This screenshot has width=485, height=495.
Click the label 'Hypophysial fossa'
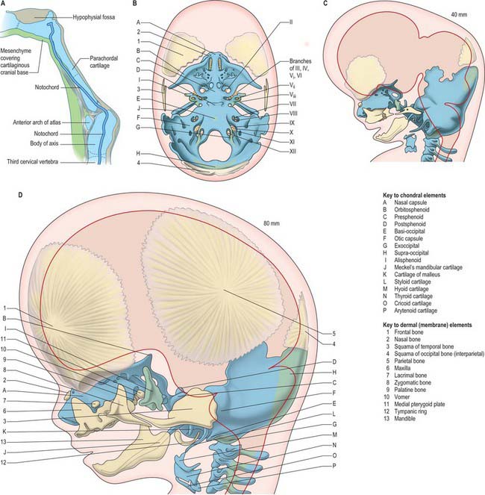click(x=94, y=17)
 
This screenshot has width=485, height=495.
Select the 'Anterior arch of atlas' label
click(x=37, y=122)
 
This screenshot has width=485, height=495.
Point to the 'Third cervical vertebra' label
click(x=33, y=161)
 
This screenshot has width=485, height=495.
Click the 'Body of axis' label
click(x=44, y=143)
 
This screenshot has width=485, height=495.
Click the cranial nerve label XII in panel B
click(x=292, y=152)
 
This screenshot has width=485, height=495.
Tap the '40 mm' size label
click(x=459, y=14)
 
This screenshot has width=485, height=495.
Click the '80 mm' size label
click(x=272, y=223)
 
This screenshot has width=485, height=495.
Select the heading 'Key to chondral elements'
click(x=414, y=196)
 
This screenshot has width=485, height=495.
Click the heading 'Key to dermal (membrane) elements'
click(x=428, y=325)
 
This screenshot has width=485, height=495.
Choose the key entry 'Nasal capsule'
click(x=410, y=202)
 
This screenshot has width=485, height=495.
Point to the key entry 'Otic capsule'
click(x=408, y=238)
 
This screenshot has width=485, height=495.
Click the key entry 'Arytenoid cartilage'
click(x=416, y=311)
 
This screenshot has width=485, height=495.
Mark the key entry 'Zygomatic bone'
click(x=413, y=382)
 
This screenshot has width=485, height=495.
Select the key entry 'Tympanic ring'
click(x=410, y=411)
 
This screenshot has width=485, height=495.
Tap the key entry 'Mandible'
click(x=404, y=419)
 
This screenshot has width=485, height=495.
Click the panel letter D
click(x=20, y=195)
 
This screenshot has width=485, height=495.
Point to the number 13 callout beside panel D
click(x=4, y=442)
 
